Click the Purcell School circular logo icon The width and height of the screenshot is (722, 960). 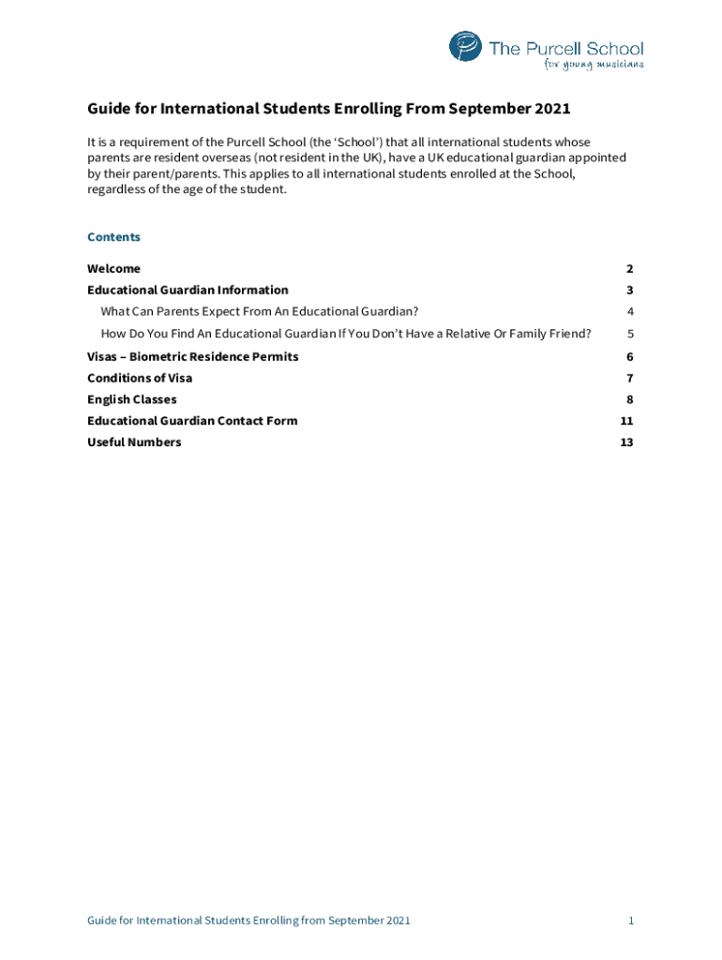click(465, 47)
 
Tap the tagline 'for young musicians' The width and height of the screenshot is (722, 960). click(594, 65)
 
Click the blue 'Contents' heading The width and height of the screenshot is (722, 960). click(113, 237)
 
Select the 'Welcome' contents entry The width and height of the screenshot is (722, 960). click(113, 269)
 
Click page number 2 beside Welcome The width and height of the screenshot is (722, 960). click(631, 269)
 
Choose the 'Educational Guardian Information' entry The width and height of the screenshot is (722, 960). click(188, 291)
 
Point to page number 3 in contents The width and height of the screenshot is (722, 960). click(631, 291)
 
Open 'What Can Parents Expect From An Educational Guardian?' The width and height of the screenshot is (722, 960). click(260, 311)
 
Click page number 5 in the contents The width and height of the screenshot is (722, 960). click(631, 334)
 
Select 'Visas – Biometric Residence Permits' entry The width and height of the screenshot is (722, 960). click(193, 357)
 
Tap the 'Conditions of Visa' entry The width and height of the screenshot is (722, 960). click(140, 379)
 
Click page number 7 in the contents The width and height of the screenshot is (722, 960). click(631, 379)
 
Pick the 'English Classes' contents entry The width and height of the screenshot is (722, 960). click(131, 400)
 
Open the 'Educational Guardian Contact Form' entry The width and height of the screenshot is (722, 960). click(192, 421)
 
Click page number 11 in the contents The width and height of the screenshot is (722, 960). click(627, 421)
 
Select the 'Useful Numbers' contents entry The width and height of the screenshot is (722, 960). click(134, 442)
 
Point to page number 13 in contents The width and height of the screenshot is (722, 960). click(627, 442)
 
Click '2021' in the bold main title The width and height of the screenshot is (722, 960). click(552, 110)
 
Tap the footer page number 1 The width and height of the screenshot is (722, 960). click(631, 922)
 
